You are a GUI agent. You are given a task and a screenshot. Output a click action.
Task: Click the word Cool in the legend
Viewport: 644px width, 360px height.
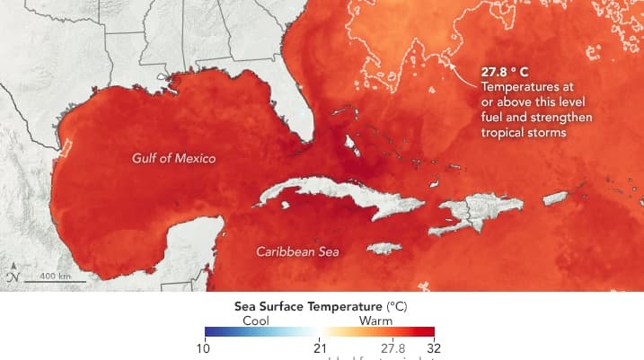(255, 320)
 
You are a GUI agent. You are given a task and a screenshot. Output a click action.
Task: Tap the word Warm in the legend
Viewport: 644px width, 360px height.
(375, 320)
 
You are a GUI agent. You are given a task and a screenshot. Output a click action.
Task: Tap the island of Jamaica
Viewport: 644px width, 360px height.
(384, 248)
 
